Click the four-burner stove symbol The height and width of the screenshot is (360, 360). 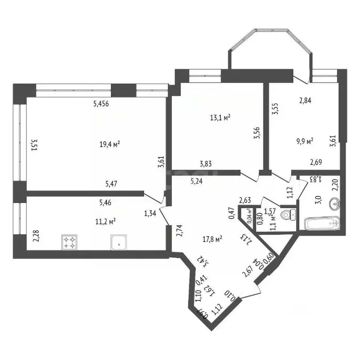[70, 242]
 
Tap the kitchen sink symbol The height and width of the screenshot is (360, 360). [119, 242]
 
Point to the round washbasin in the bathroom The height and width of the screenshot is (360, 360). [335, 204]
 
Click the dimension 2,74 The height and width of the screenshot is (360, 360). [179, 230]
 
